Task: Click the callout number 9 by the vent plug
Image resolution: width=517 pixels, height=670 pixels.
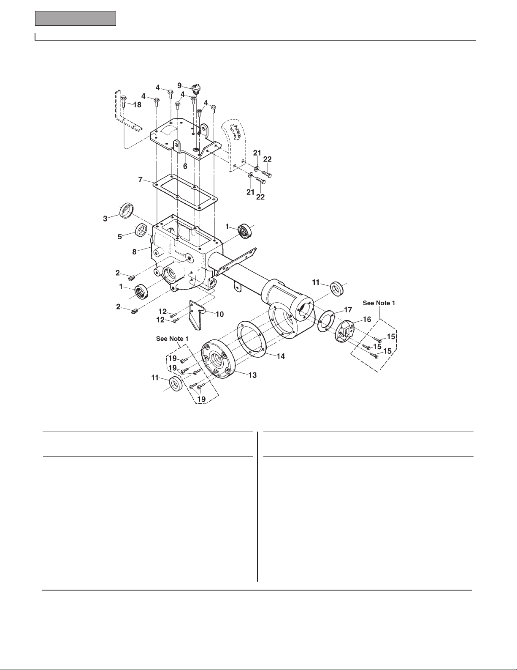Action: [x=179, y=85]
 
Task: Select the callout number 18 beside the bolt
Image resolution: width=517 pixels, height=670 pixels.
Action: [x=137, y=105]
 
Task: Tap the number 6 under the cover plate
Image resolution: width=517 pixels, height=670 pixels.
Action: [x=185, y=166]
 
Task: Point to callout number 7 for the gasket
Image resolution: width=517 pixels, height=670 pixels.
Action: [x=140, y=180]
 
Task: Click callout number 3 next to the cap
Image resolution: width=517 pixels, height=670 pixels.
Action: [x=105, y=219]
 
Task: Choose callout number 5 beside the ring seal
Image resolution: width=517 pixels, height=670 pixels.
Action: [x=120, y=236]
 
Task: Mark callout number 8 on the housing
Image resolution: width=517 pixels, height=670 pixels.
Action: [x=135, y=252]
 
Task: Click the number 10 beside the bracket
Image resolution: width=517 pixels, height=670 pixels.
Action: [x=220, y=314]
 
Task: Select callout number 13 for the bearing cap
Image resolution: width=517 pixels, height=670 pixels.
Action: [x=253, y=375]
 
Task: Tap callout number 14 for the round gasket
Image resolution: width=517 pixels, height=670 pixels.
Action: [x=281, y=356]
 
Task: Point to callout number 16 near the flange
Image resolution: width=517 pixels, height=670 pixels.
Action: [x=367, y=320]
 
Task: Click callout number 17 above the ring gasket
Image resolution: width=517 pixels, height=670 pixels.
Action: [x=348, y=309]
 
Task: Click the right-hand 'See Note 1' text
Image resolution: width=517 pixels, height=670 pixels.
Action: [x=379, y=303]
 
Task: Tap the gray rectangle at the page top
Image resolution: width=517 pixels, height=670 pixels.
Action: [x=76, y=18]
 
